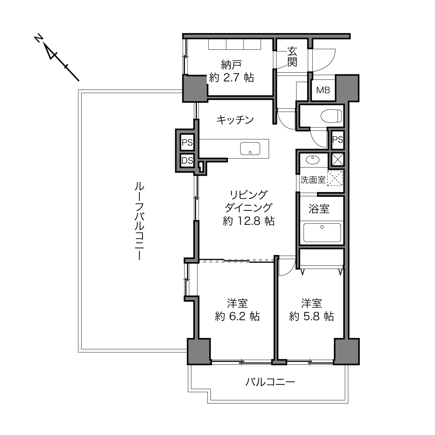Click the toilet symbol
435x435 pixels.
331,116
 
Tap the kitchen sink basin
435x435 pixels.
250,149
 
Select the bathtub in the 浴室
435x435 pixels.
322,233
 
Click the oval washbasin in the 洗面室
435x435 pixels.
313,160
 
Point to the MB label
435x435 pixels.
323,90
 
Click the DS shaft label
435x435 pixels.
187,161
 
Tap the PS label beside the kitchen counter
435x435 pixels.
187,142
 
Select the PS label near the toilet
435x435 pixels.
338,140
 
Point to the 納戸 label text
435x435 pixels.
231,65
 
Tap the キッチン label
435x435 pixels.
235,120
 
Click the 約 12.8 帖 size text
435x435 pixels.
248,221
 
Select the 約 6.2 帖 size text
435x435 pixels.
237,317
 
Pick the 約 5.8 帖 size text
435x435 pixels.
312,317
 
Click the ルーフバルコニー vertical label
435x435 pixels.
139,221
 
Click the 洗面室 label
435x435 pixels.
313,180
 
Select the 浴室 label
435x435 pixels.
319,209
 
